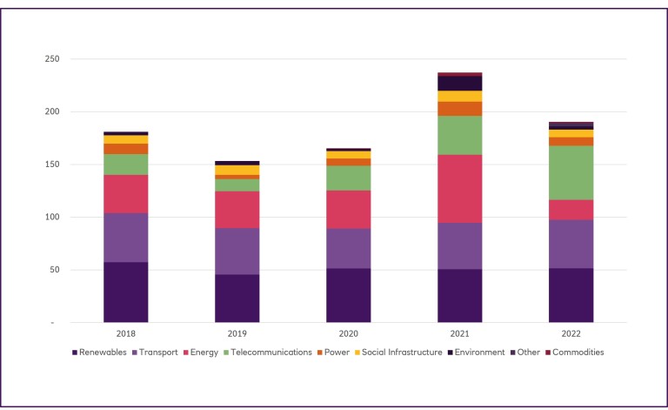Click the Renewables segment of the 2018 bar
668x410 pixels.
(x=126, y=292)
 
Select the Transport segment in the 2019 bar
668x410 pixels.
(x=237, y=251)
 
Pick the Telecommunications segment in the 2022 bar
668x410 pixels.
(x=571, y=172)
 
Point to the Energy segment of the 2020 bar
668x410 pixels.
(x=349, y=209)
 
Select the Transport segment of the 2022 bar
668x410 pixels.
(x=571, y=244)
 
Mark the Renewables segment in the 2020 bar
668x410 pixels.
(x=349, y=295)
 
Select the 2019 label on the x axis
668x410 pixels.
(x=237, y=333)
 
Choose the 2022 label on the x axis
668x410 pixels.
(x=571, y=333)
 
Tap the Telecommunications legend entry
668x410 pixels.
(x=271, y=353)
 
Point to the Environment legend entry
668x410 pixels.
(x=479, y=353)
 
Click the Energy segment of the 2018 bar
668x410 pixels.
(x=126, y=193)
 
